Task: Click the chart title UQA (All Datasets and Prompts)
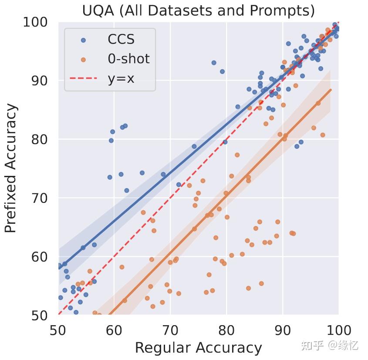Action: (x=198, y=10)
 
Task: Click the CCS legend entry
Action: (x=121, y=40)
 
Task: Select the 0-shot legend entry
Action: (x=128, y=59)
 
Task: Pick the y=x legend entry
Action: (x=121, y=79)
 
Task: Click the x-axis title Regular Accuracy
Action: (x=198, y=347)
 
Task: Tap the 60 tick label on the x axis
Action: (x=114, y=329)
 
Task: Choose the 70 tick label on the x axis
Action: (x=170, y=329)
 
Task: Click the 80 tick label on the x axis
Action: (x=226, y=329)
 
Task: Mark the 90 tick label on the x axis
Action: (x=283, y=329)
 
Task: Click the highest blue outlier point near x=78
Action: (x=214, y=63)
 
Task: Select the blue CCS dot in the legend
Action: (x=84, y=40)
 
